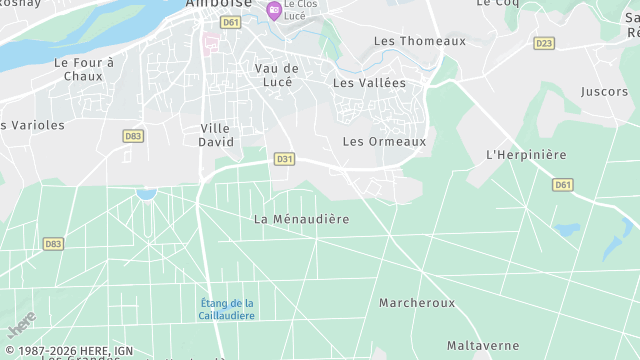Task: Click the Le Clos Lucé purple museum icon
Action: pos(273,11)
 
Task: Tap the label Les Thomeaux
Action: pos(420,41)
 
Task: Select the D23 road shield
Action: pos(544,43)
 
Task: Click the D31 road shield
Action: pos(285,159)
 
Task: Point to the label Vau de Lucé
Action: pos(277,75)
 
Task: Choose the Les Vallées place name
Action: pos(370,83)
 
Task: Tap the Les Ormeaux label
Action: pos(384,142)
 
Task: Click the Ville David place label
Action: pos(216,135)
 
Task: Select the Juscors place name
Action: pos(604,92)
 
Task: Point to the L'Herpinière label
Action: pos(526,155)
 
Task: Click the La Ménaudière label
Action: pos(301,219)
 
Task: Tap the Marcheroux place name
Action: pos(417,303)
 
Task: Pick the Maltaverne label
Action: pos(483,346)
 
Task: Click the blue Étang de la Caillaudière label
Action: pos(226,310)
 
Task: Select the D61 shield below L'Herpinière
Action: pos(563,185)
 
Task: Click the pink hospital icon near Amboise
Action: pos(210,42)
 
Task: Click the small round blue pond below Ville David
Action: pos(147,192)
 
